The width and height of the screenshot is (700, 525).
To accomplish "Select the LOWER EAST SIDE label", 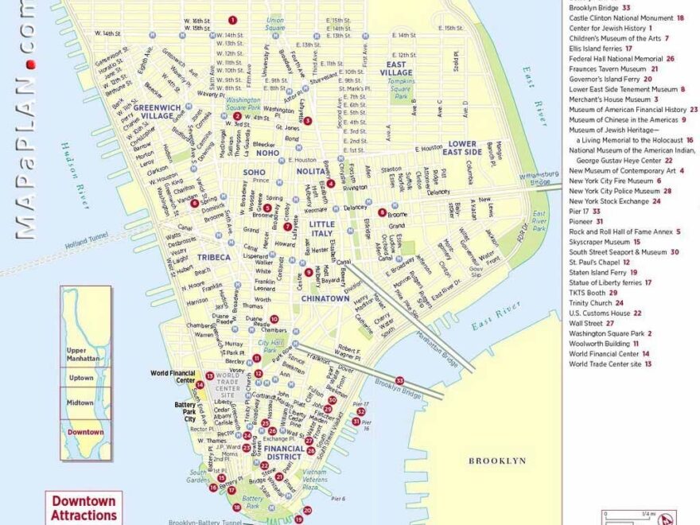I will click(x=461, y=148).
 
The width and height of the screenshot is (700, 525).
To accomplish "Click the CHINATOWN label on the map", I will click(x=325, y=298).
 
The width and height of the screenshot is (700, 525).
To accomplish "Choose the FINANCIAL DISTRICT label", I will click(x=285, y=453).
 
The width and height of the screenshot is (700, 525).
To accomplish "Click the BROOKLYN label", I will click(x=497, y=461).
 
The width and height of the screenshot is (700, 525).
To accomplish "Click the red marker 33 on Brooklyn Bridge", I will click(x=399, y=380).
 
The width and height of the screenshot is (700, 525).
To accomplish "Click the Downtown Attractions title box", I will click(x=84, y=507).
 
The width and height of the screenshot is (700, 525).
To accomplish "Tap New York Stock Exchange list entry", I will click(x=609, y=201).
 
